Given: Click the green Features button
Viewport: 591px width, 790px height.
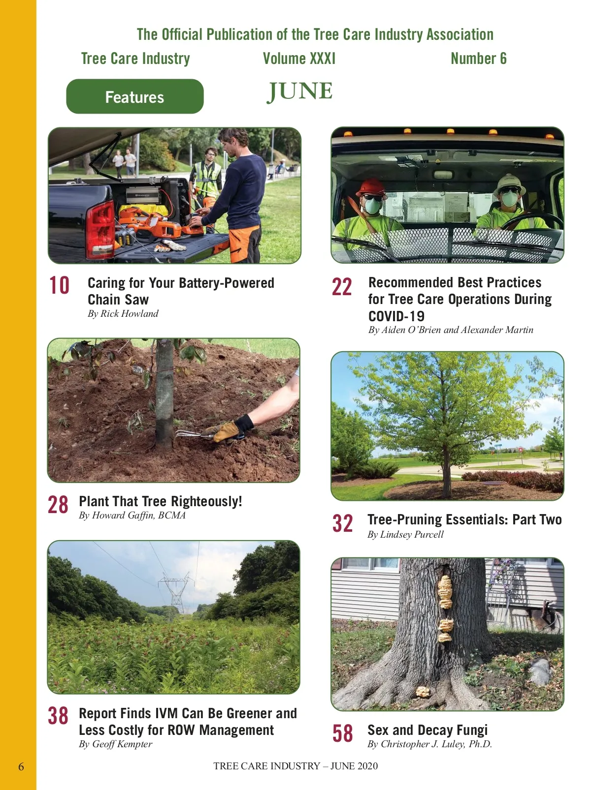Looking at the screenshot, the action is point(135,96).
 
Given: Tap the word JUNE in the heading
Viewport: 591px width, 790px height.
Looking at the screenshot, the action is point(300,91).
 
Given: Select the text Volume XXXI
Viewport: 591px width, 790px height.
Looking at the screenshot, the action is point(299,59).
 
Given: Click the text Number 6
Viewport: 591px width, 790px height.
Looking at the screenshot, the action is point(479,59).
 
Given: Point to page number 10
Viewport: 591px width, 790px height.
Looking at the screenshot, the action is point(59,285).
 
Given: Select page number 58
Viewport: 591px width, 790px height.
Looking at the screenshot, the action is point(342,733).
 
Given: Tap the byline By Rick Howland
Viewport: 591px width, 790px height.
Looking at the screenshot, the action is point(123,314).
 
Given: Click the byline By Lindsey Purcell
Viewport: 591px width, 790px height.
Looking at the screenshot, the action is point(405,535).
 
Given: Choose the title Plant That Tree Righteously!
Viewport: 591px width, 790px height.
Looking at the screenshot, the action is point(161,501).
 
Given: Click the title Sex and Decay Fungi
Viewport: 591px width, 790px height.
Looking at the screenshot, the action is point(427,730).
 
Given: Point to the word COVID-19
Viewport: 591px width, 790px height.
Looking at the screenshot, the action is point(396,316).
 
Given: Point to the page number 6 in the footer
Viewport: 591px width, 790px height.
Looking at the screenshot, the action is point(21,766).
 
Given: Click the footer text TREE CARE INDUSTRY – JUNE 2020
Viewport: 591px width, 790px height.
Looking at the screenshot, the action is point(295,766).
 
